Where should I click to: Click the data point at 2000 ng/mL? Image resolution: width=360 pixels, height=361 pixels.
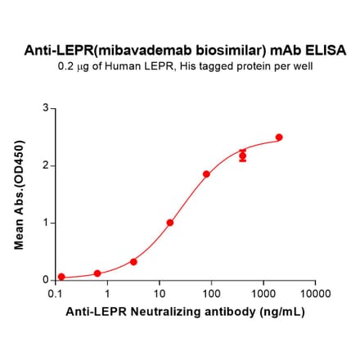pyautogui.click(x=279, y=138)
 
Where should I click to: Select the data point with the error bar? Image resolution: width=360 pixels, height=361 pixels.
pyautogui.click(x=243, y=156)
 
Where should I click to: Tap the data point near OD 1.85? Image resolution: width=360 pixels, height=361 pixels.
pyautogui.click(x=206, y=174)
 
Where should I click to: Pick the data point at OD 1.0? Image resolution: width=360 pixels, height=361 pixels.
pyautogui.click(x=170, y=223)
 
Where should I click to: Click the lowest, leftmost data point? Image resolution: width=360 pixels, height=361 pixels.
pyautogui.click(x=61, y=277)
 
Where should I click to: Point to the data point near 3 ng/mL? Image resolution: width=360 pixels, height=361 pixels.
pyautogui.click(x=133, y=262)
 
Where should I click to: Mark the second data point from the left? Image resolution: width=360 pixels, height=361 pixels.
pyautogui.click(x=97, y=273)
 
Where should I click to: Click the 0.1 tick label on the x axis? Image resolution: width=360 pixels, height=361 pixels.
pyautogui.click(x=56, y=292)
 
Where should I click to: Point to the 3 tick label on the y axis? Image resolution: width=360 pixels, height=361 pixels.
pyautogui.click(x=46, y=108)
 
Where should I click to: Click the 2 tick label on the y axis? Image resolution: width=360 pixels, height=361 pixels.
pyautogui.click(x=46, y=165)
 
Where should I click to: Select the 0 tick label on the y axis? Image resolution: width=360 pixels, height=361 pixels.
pyautogui.click(x=46, y=280)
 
